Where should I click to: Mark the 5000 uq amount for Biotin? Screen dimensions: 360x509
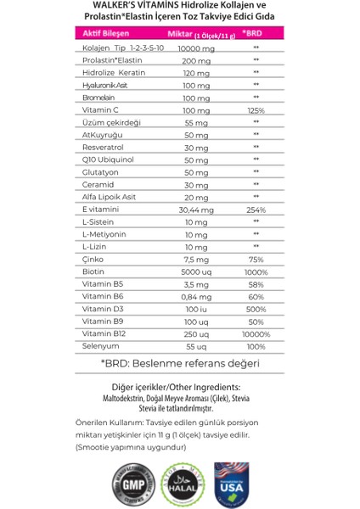pos(196,272)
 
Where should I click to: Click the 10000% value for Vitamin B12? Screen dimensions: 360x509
pos(256,334)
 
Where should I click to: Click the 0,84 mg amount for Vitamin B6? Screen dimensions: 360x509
pos(196,297)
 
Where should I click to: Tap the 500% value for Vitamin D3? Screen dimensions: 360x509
pos(256,310)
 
